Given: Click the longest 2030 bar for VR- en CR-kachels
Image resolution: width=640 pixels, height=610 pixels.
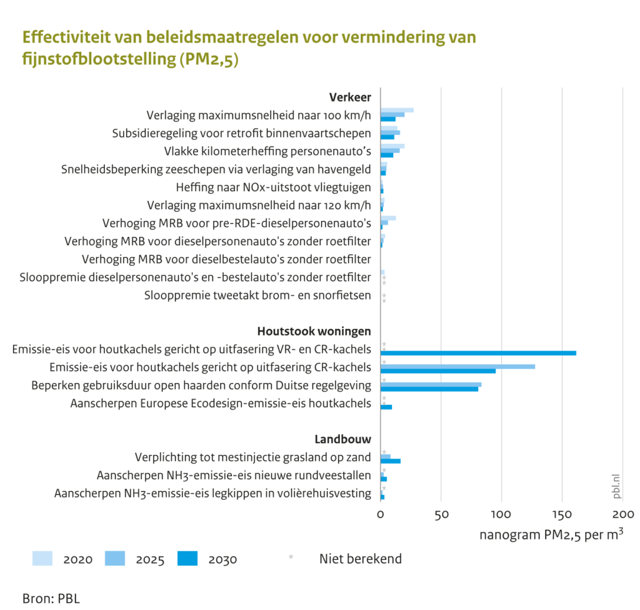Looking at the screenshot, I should tap(478, 353).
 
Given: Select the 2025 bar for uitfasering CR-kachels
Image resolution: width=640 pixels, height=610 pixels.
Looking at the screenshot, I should tap(457, 366).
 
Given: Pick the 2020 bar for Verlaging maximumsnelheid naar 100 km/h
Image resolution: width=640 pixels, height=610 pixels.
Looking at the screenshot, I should tap(397, 110).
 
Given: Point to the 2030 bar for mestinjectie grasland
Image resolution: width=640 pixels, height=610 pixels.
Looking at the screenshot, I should tap(391, 461).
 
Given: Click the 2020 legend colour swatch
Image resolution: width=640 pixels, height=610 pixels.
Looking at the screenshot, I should tap(42, 558).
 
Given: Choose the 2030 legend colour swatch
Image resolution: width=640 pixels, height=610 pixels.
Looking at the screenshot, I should tap(187, 558).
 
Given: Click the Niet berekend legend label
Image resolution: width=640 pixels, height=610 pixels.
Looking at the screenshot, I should tap(361, 559).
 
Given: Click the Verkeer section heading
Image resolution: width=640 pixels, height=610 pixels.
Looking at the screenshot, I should tap(350, 97).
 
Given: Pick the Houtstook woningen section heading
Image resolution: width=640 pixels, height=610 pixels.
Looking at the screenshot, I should tap(314, 331).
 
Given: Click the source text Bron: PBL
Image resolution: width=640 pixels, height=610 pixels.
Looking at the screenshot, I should tap(51, 597).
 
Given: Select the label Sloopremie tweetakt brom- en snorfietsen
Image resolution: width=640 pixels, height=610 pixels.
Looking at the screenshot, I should tap(257, 295).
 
